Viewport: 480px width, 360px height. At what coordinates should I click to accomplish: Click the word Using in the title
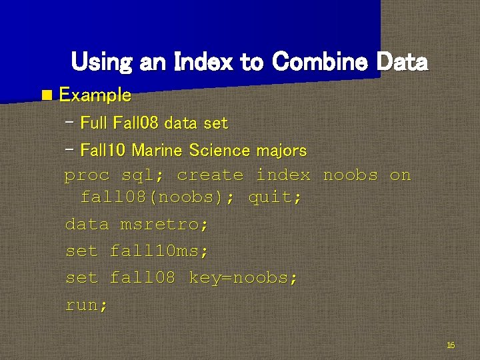coord(101,62)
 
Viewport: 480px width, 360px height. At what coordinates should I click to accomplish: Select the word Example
coord(95,95)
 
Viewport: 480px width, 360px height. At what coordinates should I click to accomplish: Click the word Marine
coord(157,151)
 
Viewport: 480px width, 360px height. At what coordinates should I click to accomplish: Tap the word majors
coord(282,151)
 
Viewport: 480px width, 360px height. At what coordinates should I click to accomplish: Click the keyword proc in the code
coord(87,175)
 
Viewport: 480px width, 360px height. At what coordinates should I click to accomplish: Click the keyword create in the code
coord(210,175)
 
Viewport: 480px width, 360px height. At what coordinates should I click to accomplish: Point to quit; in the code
coord(275,197)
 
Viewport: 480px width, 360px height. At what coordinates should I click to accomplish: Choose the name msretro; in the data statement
coord(164,225)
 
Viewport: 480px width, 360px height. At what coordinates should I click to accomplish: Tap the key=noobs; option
coord(243,278)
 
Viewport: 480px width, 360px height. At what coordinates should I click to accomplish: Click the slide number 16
coord(450,345)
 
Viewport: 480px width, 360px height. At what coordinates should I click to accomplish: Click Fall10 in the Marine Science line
coord(103,151)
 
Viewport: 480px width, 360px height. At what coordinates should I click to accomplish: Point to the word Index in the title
coord(203,62)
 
